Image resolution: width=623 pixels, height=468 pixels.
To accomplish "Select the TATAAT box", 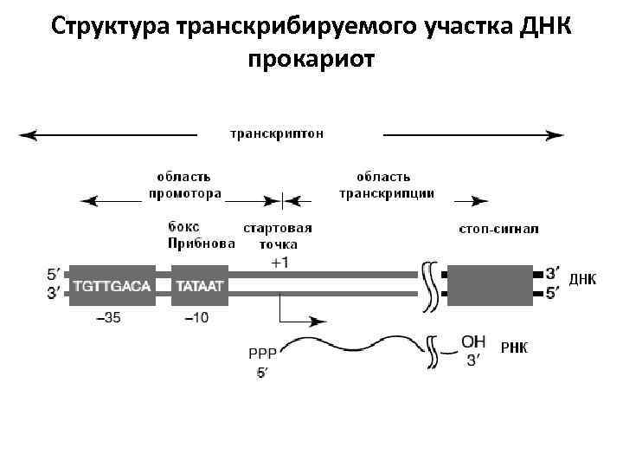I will pyautogui.click(x=202, y=285).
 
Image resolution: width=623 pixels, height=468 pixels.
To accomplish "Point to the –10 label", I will pyautogui.click(x=196, y=318).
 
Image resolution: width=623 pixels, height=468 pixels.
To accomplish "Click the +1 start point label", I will pyautogui.click(x=279, y=262).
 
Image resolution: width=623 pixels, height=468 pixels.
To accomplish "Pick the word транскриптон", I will pyautogui.click(x=277, y=133).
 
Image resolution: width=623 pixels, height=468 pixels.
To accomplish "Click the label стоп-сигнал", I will pyautogui.click(x=498, y=229).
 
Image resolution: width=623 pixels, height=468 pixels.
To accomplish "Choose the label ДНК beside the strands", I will pyautogui.click(x=582, y=278).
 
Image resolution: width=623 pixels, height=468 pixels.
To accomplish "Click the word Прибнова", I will pyautogui.click(x=202, y=244).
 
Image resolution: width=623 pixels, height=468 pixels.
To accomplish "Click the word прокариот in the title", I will pyautogui.click(x=311, y=61).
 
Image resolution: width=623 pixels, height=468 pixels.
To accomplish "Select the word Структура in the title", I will pyautogui.click(x=109, y=26).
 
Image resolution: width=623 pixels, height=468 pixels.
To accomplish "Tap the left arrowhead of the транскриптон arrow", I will pyautogui.click(x=26, y=134).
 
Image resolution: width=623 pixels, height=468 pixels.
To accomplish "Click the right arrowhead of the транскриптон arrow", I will pyautogui.click(x=557, y=134).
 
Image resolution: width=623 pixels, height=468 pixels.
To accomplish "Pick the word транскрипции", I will pyautogui.click(x=386, y=193).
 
